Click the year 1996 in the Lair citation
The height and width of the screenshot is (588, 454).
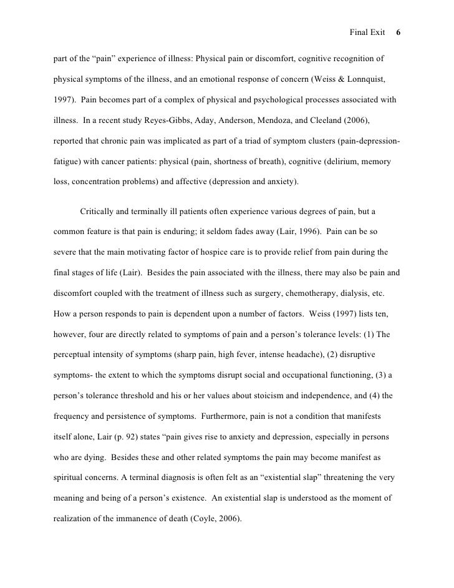(x=304, y=232)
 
